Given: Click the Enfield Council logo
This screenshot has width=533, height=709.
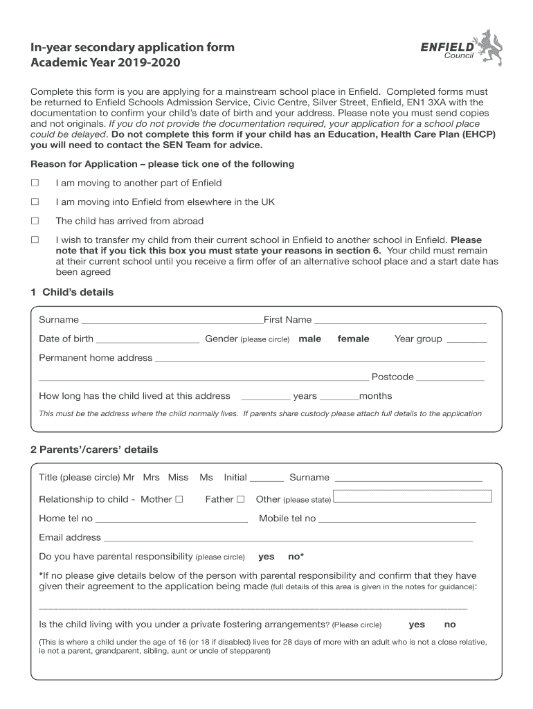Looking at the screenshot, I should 461,48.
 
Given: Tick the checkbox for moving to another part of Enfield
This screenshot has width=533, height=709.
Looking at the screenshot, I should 35,183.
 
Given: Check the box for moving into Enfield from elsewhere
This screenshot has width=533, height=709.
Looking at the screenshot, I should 35,202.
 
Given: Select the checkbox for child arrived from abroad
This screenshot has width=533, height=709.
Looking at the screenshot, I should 35,221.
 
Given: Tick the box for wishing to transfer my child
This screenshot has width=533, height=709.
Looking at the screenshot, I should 35,240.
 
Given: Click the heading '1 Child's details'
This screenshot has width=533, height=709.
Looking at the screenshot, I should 72,292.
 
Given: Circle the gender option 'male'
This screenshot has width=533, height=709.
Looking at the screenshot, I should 309,339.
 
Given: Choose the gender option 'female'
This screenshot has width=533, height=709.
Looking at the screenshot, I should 353,339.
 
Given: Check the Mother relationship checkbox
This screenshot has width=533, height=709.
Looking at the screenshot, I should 179,499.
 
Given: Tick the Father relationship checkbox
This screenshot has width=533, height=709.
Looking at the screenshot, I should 241,499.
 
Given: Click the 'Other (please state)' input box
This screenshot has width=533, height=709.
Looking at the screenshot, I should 413,496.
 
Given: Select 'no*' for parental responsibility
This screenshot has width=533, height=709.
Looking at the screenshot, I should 296,557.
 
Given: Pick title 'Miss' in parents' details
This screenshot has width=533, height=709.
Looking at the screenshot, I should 178,478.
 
